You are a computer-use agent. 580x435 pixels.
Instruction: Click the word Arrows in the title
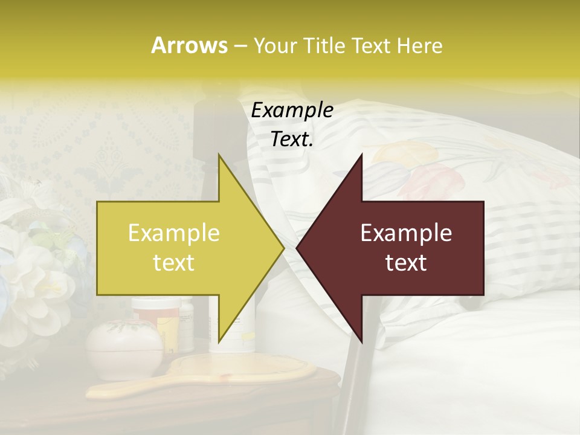pos(189,45)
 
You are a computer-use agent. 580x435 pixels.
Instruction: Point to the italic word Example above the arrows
pos(292,110)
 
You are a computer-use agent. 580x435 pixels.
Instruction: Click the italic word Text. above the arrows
pos(292,139)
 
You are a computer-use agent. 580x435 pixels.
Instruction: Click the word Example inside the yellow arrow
pos(174,233)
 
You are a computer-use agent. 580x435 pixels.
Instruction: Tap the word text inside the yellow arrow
pos(174,262)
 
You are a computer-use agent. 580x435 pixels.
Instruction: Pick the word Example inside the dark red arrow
pos(406,233)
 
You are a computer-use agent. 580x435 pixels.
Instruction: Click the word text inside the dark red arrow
pos(406,262)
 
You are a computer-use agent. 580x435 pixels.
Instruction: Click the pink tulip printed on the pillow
pos(423,181)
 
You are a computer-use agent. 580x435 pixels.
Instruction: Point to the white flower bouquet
pos(36,272)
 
